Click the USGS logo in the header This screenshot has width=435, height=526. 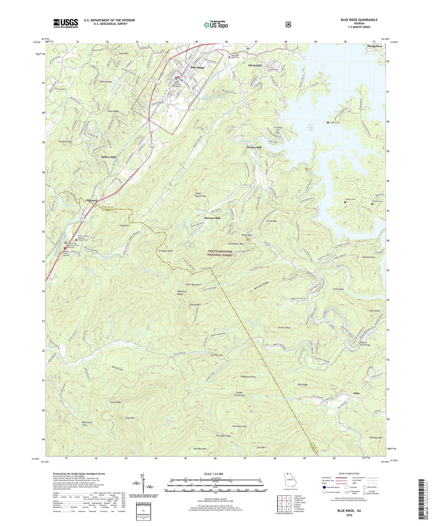[x=66, y=23]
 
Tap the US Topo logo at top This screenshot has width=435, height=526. [x=215, y=24]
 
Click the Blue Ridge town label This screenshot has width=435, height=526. [x=195, y=67]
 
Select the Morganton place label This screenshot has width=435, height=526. [x=374, y=46]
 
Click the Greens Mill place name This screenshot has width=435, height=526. [x=254, y=148]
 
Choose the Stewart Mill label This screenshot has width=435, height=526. [x=212, y=218]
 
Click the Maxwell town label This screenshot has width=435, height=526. [x=91, y=200]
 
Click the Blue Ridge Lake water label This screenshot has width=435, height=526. [x=310, y=127]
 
